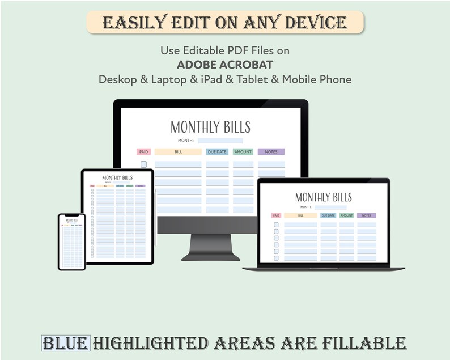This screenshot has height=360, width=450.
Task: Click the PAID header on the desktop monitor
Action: (143, 152)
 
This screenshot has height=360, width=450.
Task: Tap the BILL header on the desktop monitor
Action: (178, 152)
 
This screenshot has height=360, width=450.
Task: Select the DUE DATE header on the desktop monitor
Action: (217, 152)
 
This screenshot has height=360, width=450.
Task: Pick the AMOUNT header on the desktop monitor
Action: (243, 152)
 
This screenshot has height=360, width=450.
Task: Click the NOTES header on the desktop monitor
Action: (271, 152)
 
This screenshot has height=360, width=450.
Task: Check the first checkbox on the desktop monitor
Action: (144, 164)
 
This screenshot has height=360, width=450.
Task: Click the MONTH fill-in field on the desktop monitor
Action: (220, 141)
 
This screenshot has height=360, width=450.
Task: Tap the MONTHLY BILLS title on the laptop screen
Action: (324, 197)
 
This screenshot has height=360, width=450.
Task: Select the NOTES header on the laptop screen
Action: (367, 215)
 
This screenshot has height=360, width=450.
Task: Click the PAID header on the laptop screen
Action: (276, 215)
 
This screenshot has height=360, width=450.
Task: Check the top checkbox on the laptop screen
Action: (276, 225)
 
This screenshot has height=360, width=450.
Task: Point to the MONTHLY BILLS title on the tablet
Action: (117, 178)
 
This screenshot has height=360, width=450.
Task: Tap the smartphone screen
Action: (71, 242)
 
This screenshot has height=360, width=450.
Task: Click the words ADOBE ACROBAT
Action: (224, 65)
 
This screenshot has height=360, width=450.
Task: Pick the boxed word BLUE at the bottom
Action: (66, 343)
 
